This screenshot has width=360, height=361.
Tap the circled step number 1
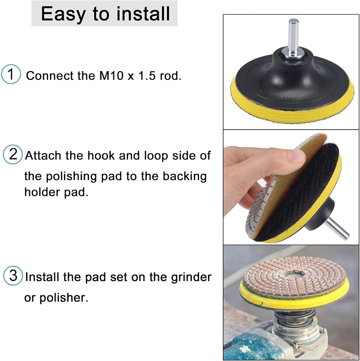[x=11, y=74]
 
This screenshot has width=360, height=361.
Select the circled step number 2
[x=13, y=154]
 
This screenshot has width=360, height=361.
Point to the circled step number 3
[x=13, y=275]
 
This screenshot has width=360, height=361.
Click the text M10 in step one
[x=111, y=76]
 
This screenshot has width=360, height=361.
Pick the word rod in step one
[x=171, y=76]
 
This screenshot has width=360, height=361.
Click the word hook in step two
[x=101, y=156]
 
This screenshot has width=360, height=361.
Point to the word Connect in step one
[x=49, y=76]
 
